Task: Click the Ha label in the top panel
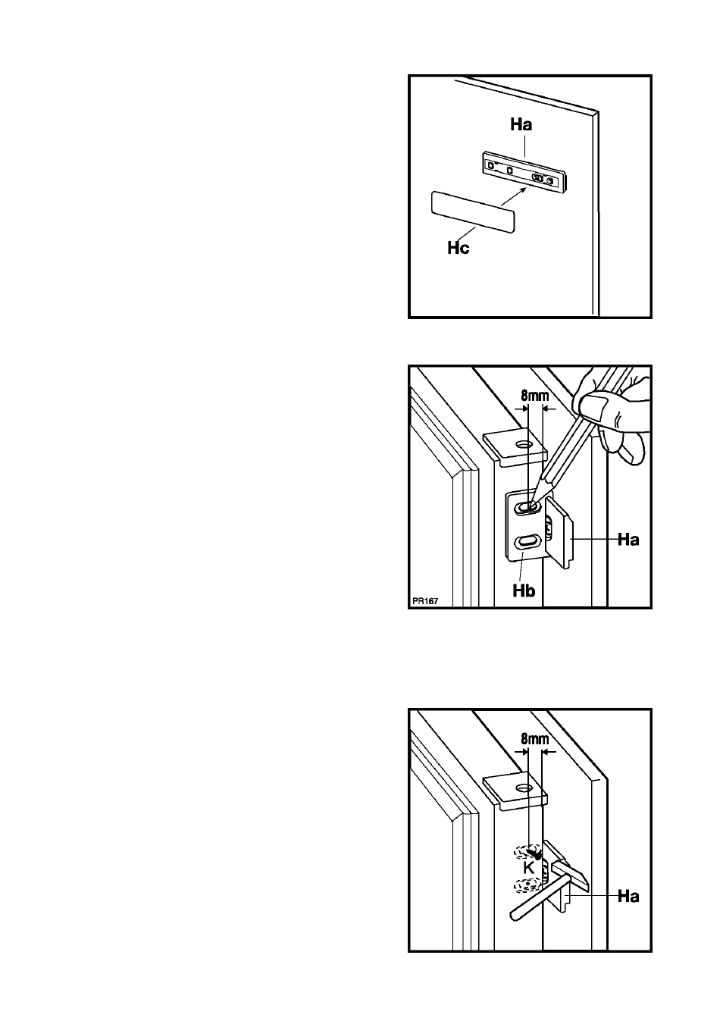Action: [521, 125]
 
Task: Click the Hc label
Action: [458, 248]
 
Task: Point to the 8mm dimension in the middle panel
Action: [535, 396]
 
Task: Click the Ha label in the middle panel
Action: [628, 540]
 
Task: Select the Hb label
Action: [524, 590]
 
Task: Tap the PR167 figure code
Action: [424, 601]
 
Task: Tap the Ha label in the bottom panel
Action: [628, 896]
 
